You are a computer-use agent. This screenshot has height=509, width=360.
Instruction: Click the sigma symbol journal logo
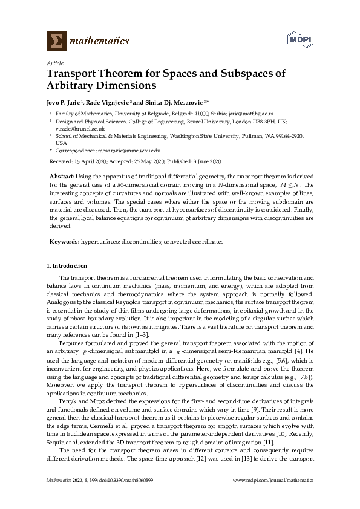point(56,41)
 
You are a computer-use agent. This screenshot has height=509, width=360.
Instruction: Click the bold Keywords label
point(64,242)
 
